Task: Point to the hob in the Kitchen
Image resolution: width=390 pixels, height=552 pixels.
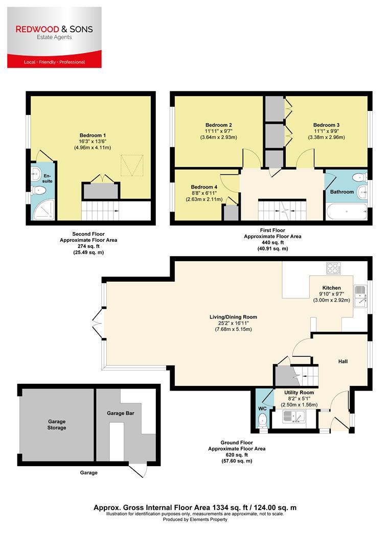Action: coord(333,268)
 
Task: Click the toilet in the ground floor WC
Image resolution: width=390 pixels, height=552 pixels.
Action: coord(262,421)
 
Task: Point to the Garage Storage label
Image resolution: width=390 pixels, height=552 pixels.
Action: coord(57,424)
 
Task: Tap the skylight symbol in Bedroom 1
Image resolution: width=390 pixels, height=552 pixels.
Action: coord(131,165)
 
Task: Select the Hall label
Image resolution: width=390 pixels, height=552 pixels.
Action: coord(342,361)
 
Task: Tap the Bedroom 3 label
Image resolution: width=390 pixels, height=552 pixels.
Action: coord(326,125)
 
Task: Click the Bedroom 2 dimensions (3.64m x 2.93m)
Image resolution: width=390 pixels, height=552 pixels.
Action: coord(219,137)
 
